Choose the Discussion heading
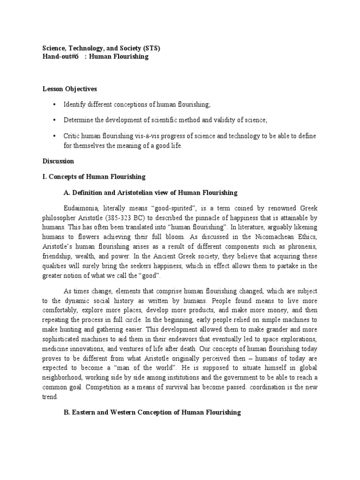[59, 161]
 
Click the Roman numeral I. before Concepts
[45, 177]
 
